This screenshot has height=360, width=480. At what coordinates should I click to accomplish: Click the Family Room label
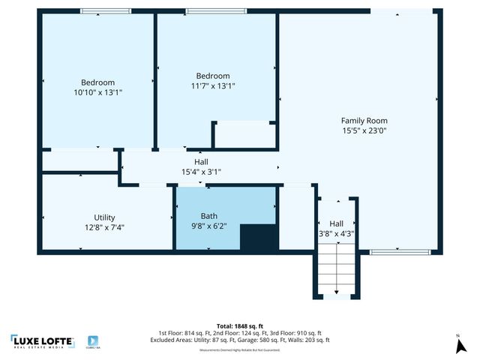(x=364, y=120)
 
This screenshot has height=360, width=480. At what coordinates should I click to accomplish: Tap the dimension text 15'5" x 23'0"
(x=364, y=130)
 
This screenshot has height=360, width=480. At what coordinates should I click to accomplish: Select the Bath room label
(x=208, y=216)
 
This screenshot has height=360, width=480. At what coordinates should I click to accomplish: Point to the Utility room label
(x=99, y=217)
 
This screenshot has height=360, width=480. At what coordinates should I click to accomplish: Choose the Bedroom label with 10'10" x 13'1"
(x=98, y=82)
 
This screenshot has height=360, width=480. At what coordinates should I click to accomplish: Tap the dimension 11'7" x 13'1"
(x=213, y=85)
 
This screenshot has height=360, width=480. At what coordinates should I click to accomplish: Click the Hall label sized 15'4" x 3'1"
(x=201, y=161)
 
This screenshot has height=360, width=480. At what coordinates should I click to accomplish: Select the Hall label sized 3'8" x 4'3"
(x=336, y=223)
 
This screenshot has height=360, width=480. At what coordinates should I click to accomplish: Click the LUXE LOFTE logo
(x=42, y=341)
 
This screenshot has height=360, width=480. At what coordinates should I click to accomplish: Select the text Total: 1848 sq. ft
(x=239, y=325)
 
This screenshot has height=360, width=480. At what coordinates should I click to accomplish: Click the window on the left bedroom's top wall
(x=100, y=10)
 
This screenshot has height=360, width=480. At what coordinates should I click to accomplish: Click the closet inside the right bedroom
(x=244, y=133)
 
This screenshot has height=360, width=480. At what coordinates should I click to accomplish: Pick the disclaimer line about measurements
(x=239, y=350)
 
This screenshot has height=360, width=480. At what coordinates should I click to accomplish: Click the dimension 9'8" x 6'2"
(x=208, y=226)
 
